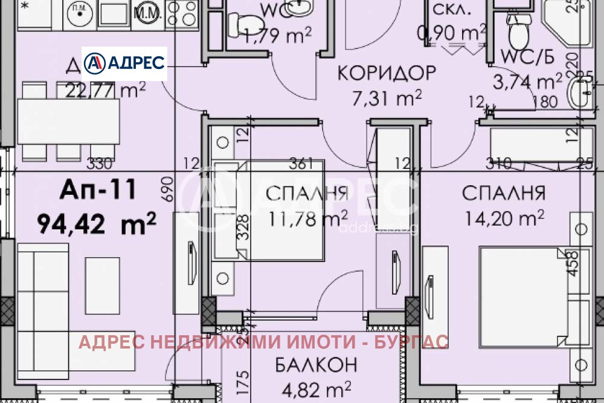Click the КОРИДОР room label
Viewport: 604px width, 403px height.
386,73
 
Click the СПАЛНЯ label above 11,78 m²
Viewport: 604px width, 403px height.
306,194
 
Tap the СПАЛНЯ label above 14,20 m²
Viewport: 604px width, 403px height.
504,194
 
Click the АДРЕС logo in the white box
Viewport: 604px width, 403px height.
124,63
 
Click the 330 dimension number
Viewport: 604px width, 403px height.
100,163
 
